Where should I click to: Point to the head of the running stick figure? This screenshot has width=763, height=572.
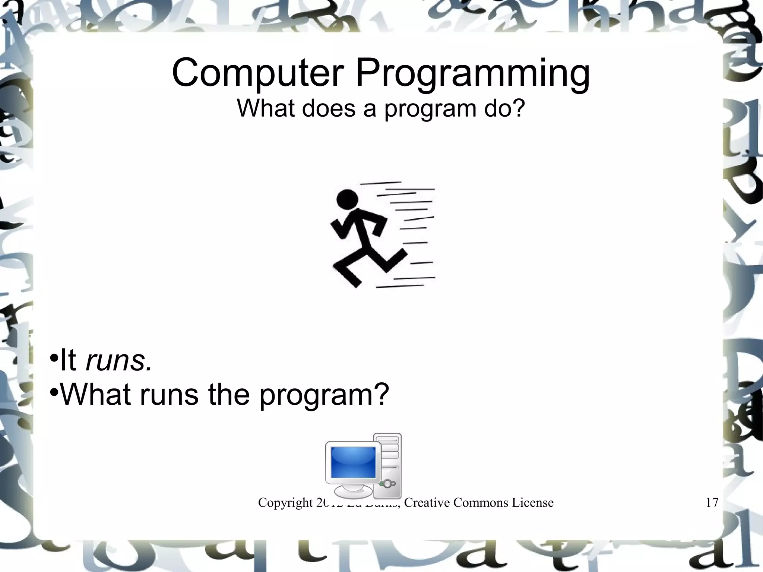pos(347,199)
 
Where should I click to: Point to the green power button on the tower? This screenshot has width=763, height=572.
pos(382,484)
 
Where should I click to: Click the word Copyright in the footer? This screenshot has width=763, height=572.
pos(285,503)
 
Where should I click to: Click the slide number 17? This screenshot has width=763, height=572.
pos(712,503)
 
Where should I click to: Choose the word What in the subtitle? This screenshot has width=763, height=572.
pos(265,108)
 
